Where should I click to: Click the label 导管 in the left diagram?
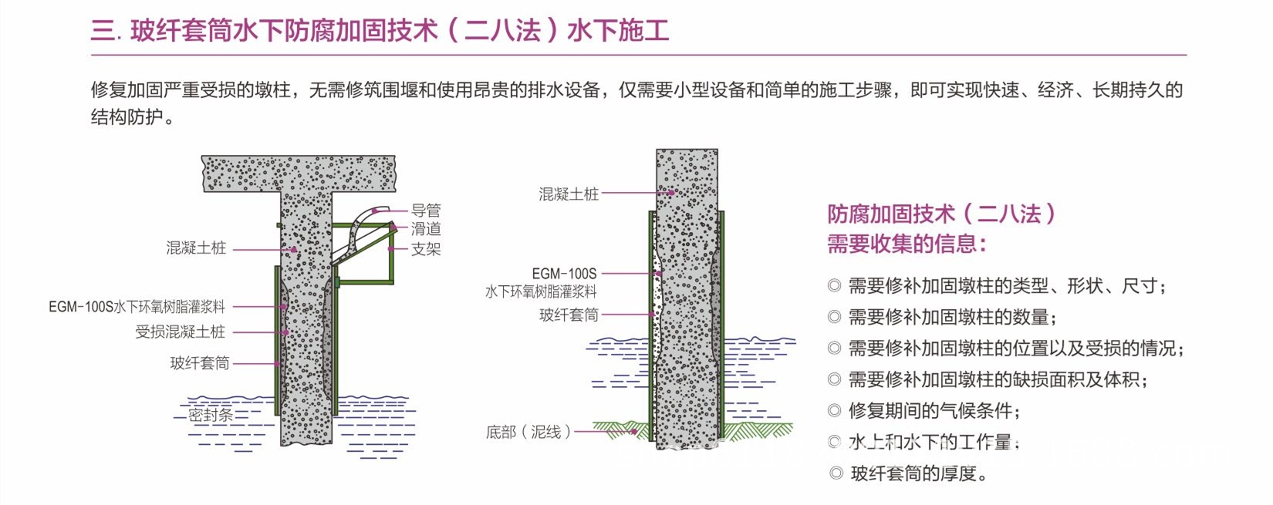coord(425,210)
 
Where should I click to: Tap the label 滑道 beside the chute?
coord(425,228)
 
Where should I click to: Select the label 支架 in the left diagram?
coord(425,248)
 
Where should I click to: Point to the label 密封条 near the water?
coord(210,415)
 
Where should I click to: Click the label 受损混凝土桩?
coord(181,332)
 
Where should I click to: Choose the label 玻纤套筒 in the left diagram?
coord(200,362)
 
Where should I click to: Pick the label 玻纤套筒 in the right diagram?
coord(569,315)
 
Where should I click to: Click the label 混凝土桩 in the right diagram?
coord(569,194)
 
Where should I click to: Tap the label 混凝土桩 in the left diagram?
coord(196,247)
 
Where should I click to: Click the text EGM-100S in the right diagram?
coord(564,274)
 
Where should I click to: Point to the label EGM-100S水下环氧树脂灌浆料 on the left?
coord(137,306)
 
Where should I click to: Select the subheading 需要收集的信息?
coord(907,244)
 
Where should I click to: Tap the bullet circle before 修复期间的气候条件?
coord(834,411)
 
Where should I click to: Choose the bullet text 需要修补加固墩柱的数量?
coord(952,317)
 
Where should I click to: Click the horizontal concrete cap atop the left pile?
coord(299,173)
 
